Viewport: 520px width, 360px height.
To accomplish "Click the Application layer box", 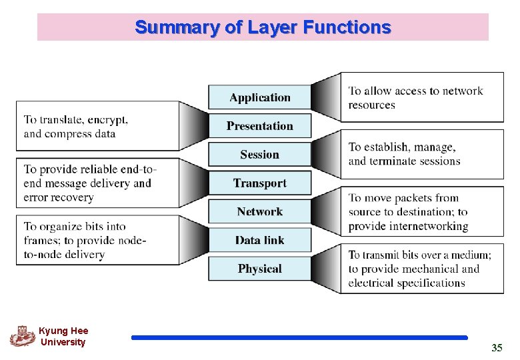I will tap(260, 97).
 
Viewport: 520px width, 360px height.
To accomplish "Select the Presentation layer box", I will tap(260, 126).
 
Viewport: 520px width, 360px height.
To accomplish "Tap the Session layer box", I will tap(260, 155).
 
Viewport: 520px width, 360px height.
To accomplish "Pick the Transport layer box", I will tap(260, 183).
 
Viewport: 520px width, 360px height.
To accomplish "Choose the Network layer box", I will tap(260, 212).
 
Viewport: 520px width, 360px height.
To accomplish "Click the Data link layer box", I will tap(260, 241).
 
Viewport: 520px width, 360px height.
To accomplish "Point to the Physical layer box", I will tap(260, 269).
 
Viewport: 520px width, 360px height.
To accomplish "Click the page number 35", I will tap(497, 348).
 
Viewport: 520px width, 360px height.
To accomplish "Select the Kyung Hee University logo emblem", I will tap(22, 335).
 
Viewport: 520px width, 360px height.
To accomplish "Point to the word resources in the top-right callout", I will tap(371, 105).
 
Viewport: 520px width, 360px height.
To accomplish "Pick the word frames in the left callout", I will tap(39, 241).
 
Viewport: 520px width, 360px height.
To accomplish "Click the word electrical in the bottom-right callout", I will tap(371, 283).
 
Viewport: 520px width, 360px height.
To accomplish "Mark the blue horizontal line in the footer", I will tap(299, 338).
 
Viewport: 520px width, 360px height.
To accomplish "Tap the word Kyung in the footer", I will tap(51, 331).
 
